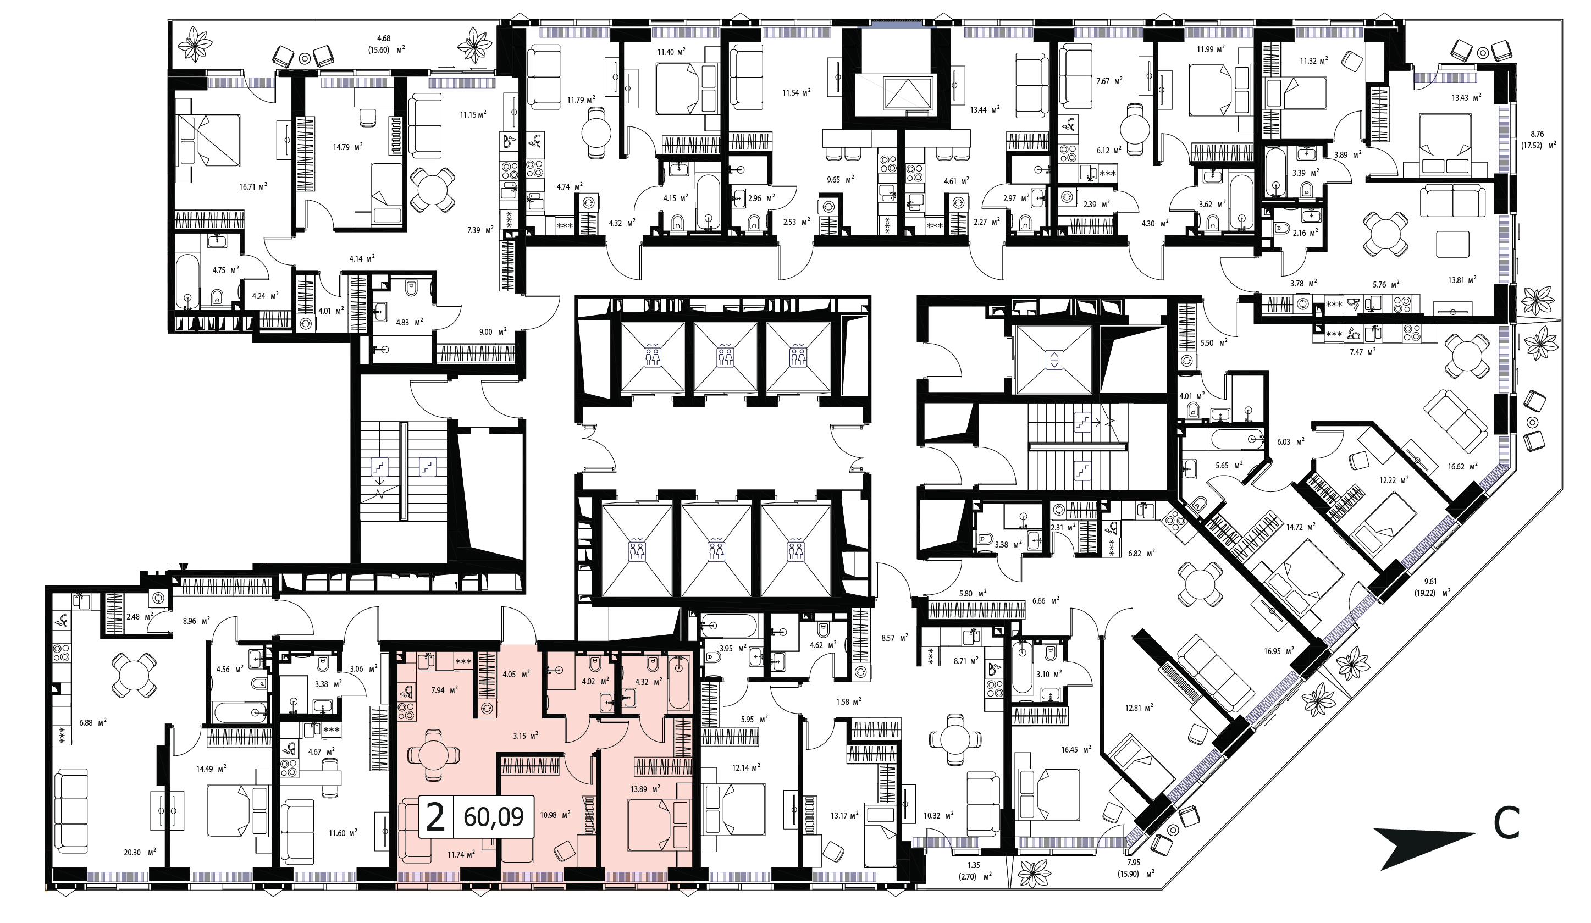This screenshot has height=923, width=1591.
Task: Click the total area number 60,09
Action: (x=493, y=817)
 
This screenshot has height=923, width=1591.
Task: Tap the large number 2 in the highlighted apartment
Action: (x=435, y=817)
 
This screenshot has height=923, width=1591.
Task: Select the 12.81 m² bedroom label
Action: (x=1139, y=707)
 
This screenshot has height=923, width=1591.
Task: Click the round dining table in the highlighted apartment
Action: (x=433, y=754)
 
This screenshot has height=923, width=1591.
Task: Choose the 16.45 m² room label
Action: (x=1076, y=750)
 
